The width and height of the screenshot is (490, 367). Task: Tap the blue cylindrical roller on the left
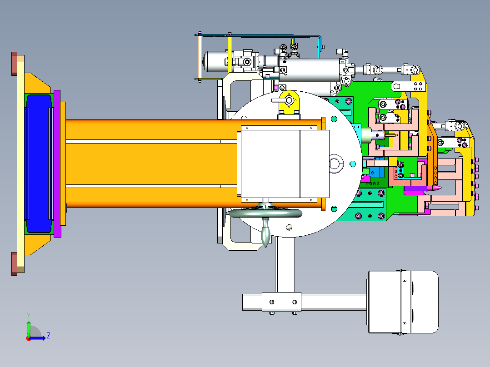(x=39, y=164)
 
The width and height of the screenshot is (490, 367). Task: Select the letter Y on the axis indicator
(x=29, y=316)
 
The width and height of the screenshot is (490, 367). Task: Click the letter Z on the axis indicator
(x=49, y=336)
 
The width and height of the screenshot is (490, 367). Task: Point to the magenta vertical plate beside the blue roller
(x=57, y=164)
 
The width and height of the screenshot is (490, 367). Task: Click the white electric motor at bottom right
(x=403, y=302)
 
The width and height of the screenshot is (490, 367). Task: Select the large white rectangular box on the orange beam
(x=285, y=164)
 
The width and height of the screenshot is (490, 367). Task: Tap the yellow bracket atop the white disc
(x=289, y=103)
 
